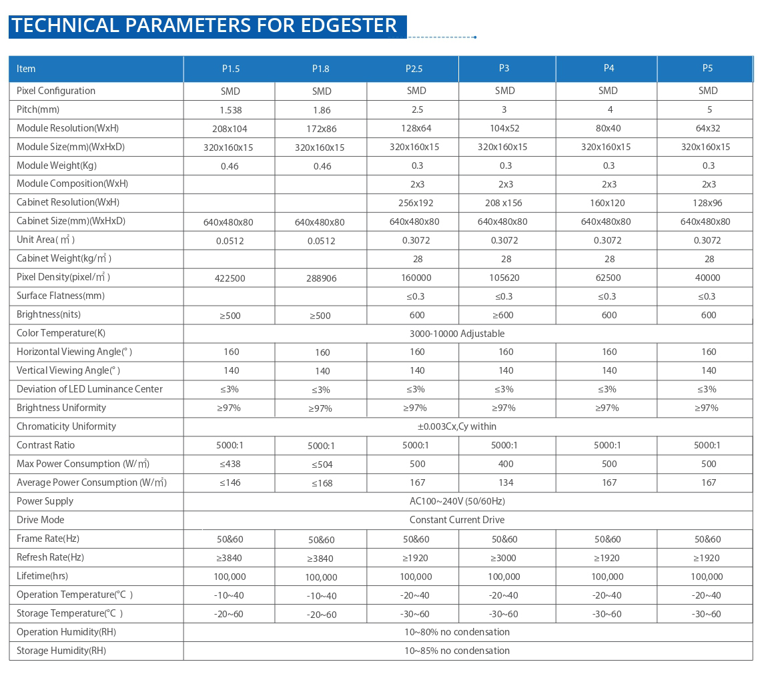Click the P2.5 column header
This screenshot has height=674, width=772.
pyautogui.click(x=414, y=69)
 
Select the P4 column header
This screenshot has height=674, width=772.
pyautogui.click(x=609, y=68)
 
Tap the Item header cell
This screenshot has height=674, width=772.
pyautogui.click(x=26, y=69)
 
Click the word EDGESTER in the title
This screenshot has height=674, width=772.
pyautogui.click(x=348, y=25)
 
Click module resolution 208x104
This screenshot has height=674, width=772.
pyautogui.click(x=230, y=129)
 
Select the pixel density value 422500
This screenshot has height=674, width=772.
pyautogui.click(x=230, y=278)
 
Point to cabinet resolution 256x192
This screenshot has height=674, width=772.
pyautogui.click(x=414, y=203)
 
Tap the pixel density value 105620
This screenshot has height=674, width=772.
pyautogui.click(x=505, y=278)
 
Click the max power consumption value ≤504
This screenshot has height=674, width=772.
pyautogui.click(x=321, y=464)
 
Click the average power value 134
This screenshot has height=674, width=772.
pyautogui.click(x=505, y=482)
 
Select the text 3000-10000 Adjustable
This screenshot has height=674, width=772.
pyautogui.click(x=456, y=334)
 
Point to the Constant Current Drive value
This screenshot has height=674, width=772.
pyautogui.click(x=456, y=520)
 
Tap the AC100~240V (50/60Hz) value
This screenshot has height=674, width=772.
pyautogui.click(x=456, y=501)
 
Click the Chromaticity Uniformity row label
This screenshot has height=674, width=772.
pyautogui.click(x=66, y=426)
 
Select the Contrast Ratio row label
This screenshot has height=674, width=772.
pyautogui.click(x=45, y=445)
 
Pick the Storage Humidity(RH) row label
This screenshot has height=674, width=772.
pyautogui.click(x=61, y=651)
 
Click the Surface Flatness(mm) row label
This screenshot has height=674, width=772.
pyautogui.click(x=60, y=296)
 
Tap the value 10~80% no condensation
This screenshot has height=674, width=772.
pyautogui.click(x=456, y=632)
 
